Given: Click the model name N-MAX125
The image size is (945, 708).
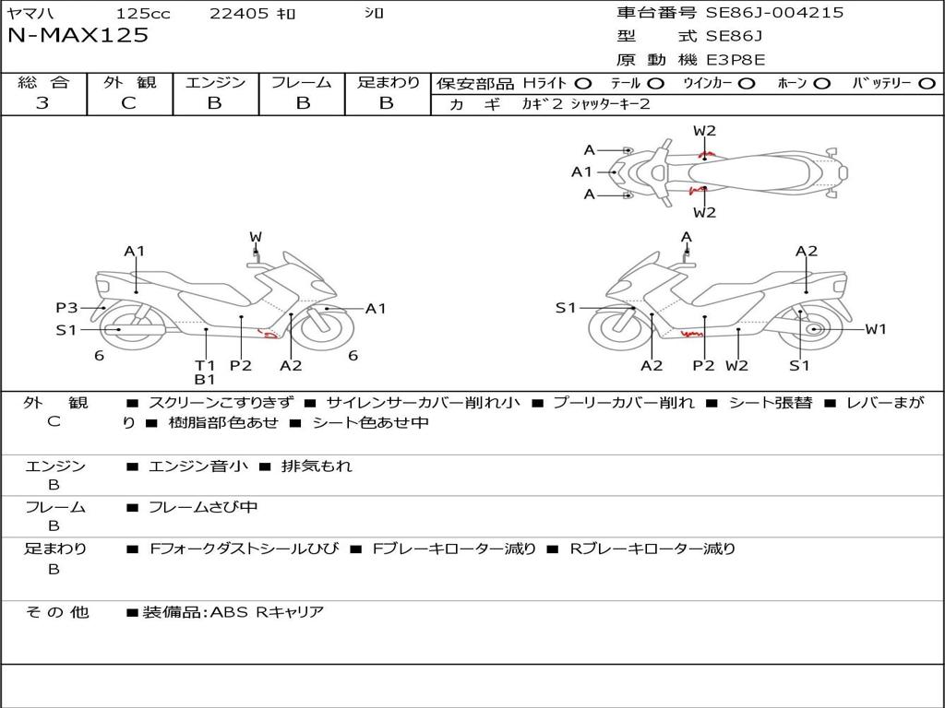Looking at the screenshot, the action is click(x=78, y=36).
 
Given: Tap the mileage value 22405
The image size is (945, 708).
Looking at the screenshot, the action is click(x=238, y=14).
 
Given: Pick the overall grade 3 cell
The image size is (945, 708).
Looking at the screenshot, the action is click(x=42, y=103).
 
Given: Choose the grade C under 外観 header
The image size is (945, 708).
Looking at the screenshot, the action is click(x=128, y=103).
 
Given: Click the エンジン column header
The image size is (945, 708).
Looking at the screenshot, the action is click(x=215, y=83).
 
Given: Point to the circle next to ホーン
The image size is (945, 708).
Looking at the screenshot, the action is click(x=823, y=83).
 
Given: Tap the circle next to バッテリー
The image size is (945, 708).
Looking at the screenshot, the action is click(x=927, y=83).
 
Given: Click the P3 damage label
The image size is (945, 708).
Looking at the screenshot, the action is click(x=66, y=308).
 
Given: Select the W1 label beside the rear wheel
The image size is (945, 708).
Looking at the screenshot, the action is click(x=875, y=329).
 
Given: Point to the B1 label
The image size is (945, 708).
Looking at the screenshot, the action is click(x=204, y=379).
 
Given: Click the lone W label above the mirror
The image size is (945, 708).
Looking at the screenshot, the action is click(x=256, y=237).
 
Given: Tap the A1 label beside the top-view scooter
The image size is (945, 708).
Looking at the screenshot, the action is click(x=581, y=171).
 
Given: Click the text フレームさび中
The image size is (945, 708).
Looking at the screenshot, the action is click(x=203, y=507).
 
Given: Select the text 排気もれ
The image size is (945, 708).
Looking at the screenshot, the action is click(x=317, y=466).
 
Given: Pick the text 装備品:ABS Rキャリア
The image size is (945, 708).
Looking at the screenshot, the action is click(x=233, y=612).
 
